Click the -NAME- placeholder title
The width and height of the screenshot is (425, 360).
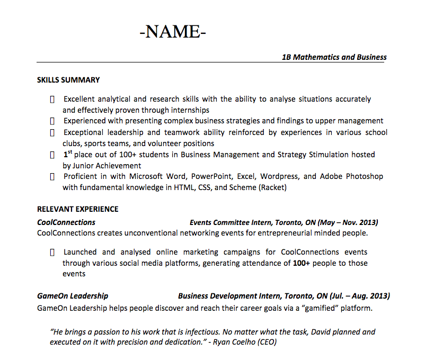click(172, 32)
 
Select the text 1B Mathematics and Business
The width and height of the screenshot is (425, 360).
click(334, 57)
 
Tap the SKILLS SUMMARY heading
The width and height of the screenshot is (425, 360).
click(68, 80)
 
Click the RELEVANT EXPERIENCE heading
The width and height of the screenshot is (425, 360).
click(77, 209)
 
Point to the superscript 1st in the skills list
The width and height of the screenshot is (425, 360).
click(68, 154)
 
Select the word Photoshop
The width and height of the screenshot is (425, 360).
click(365, 176)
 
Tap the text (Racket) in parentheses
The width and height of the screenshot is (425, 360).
click(272, 187)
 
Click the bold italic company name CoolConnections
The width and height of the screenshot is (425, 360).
click(66, 222)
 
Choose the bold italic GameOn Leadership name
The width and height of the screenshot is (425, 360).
click(73, 296)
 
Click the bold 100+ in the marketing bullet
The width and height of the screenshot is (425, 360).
click(302, 263)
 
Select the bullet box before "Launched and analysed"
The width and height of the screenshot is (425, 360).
click(52, 253)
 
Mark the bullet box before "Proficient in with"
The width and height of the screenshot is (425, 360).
click(52, 176)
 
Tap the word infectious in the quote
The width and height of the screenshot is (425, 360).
click(196, 332)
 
